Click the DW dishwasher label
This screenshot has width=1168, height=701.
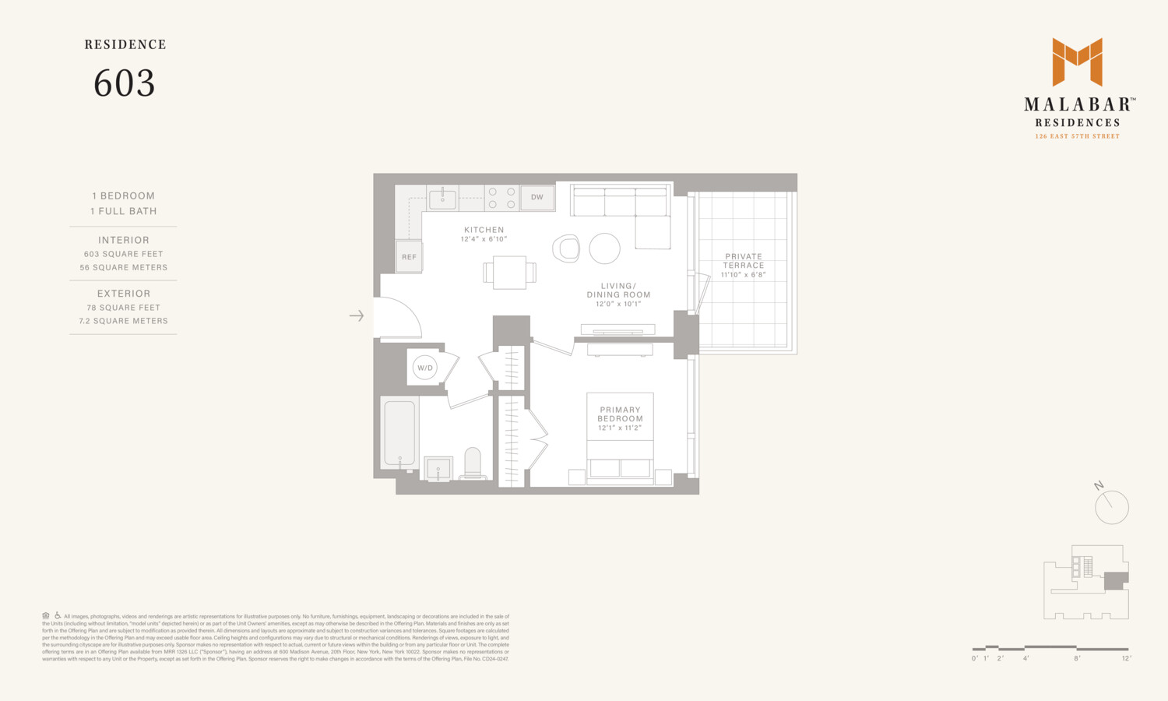537,197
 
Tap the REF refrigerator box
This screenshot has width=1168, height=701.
409,257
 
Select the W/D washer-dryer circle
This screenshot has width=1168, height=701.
424,368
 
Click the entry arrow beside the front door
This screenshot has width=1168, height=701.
357,315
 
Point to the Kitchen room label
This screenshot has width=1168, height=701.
484,230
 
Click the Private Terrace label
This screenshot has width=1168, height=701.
744,260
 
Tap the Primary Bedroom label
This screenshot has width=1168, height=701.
620,414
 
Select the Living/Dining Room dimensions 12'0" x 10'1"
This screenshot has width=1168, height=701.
618,305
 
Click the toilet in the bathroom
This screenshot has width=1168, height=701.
473,463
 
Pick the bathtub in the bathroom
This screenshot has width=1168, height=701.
399,433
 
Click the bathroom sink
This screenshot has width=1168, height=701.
438,469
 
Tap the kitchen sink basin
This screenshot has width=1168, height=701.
442,199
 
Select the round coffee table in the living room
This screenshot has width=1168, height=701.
604,248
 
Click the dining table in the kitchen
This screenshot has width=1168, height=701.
509,272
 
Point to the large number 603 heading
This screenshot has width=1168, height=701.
125,83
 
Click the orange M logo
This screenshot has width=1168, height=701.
1077,62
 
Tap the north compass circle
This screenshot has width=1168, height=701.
1111,507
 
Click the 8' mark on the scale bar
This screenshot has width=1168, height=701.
1077,658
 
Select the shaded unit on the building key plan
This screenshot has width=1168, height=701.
1116,580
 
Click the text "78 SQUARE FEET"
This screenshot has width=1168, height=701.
124,308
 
